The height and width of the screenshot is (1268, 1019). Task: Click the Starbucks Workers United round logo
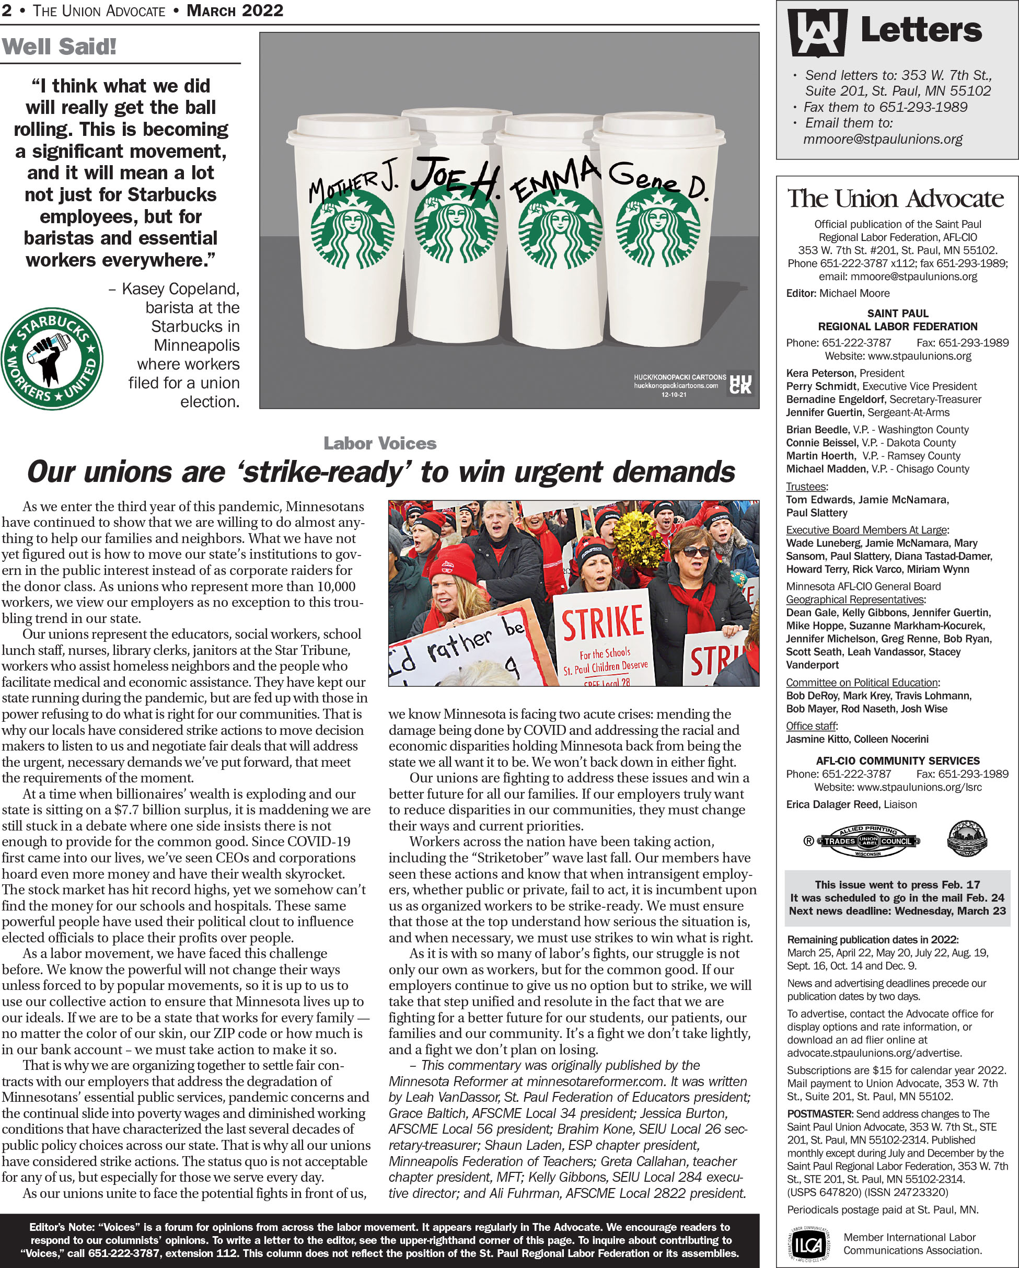(x=52, y=359)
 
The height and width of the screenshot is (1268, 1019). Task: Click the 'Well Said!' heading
(x=59, y=47)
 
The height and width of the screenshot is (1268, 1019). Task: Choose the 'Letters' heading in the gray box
(x=921, y=31)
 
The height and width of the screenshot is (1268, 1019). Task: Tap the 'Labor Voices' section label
(x=380, y=443)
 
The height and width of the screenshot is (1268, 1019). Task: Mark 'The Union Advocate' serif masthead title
(x=896, y=199)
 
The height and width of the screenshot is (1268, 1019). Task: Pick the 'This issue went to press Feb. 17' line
(x=897, y=884)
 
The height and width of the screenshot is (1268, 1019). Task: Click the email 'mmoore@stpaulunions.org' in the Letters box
(x=883, y=140)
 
